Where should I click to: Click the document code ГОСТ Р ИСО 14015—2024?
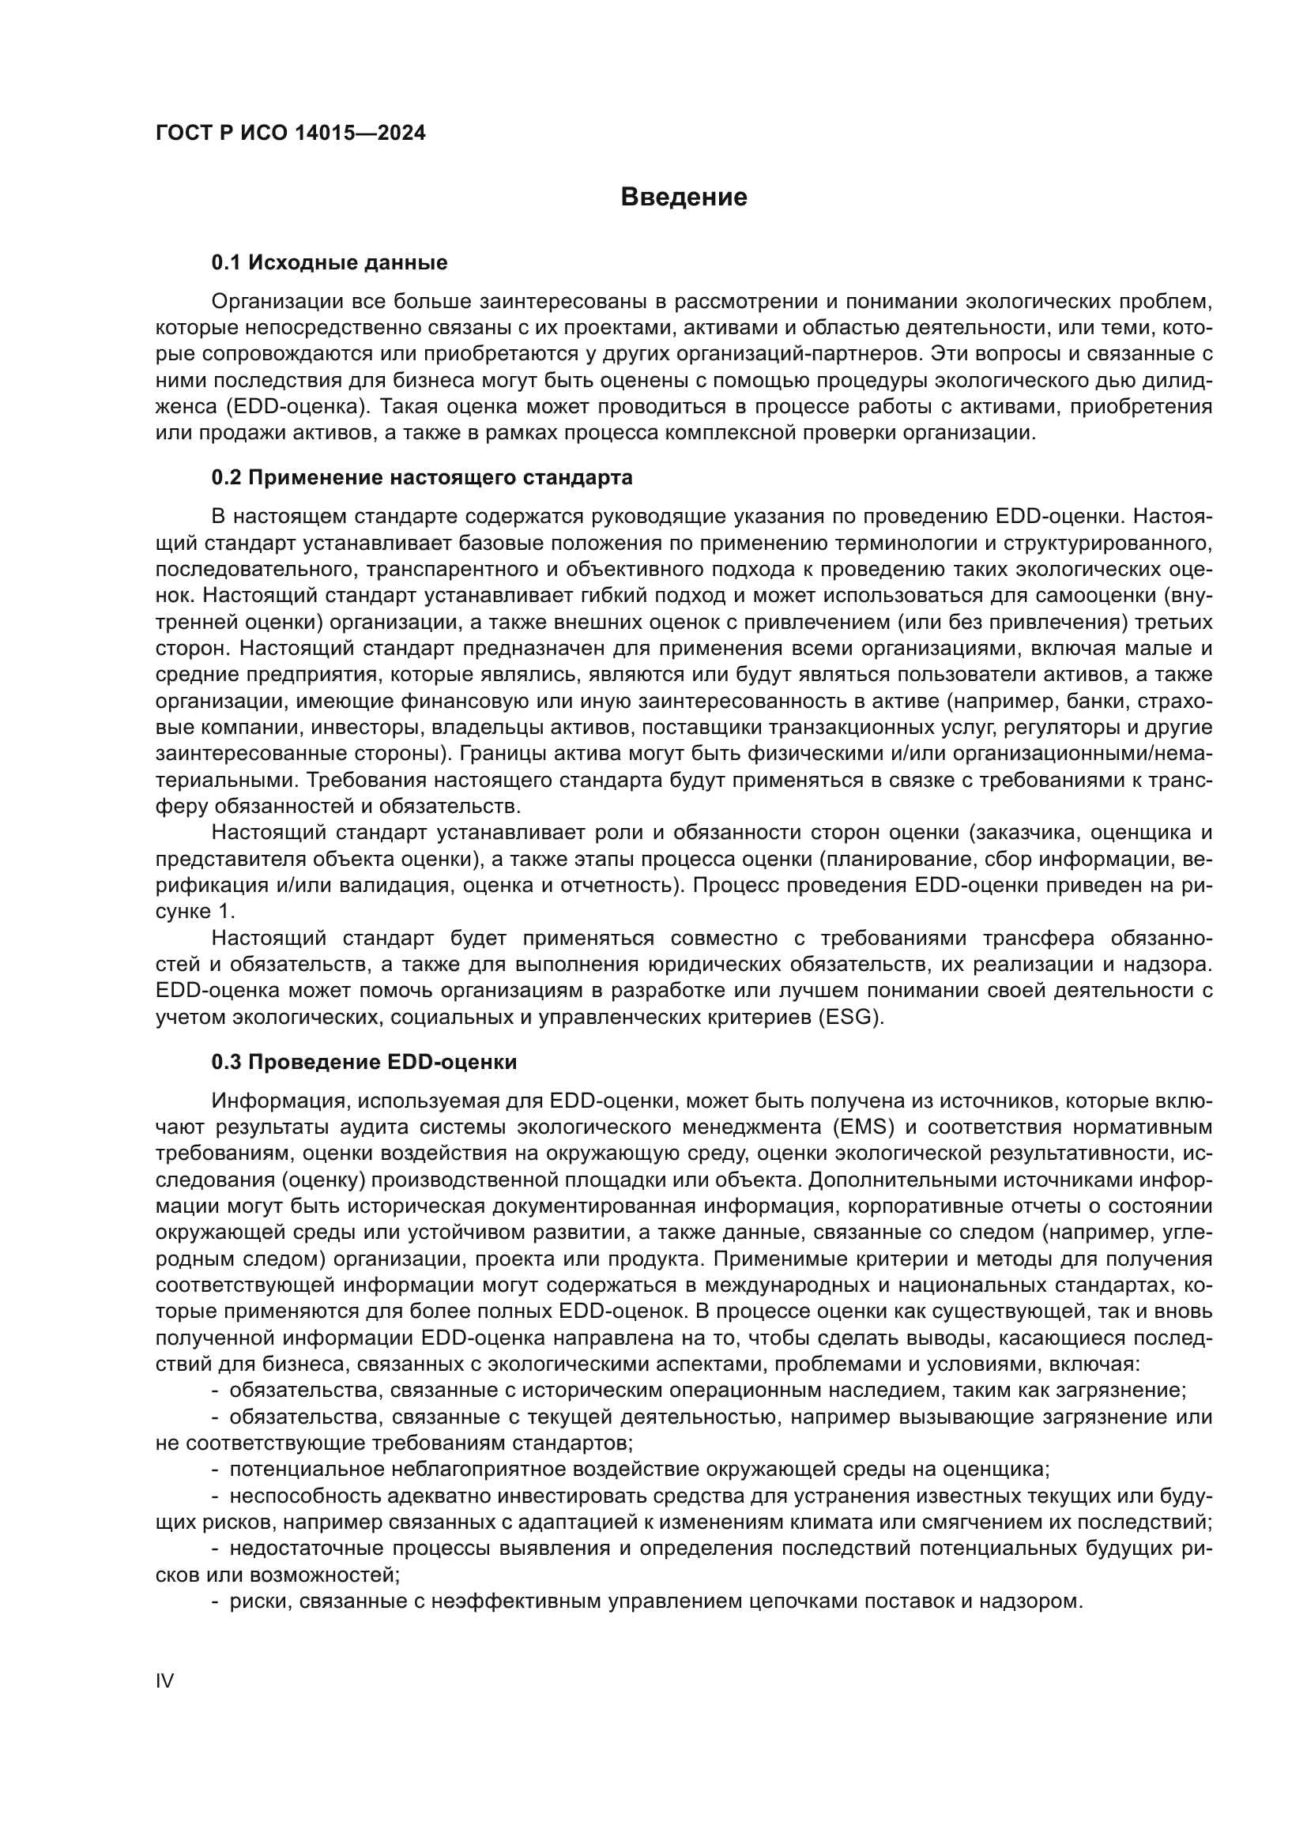coord(291,134)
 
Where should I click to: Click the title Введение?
coord(684,198)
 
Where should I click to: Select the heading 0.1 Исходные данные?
coord(330,262)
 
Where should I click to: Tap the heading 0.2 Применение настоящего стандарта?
coord(422,477)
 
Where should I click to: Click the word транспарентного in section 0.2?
coord(446,570)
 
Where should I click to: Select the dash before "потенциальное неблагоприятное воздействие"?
coord(215,1470)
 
